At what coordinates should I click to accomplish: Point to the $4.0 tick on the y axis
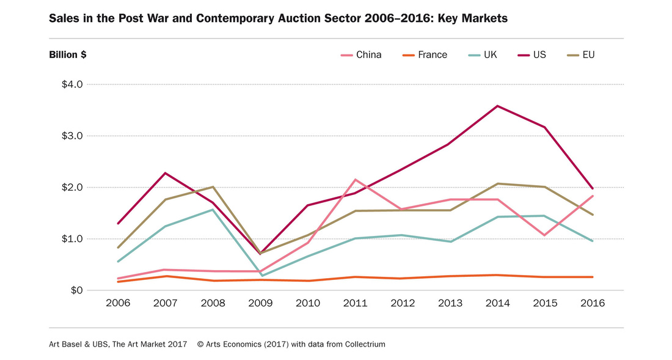72,84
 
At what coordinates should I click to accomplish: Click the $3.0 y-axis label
72,136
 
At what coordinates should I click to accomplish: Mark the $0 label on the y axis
76,290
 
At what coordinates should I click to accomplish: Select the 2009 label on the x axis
260,304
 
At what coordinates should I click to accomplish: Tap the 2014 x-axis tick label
497,304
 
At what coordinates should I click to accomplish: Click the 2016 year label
591,304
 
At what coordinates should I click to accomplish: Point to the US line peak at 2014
497,106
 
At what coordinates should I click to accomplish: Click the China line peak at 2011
355,180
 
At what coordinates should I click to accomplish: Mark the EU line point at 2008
213,187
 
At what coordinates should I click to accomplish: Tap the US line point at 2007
165,173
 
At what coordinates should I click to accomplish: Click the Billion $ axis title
67,55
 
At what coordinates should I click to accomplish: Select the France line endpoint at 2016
592,277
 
